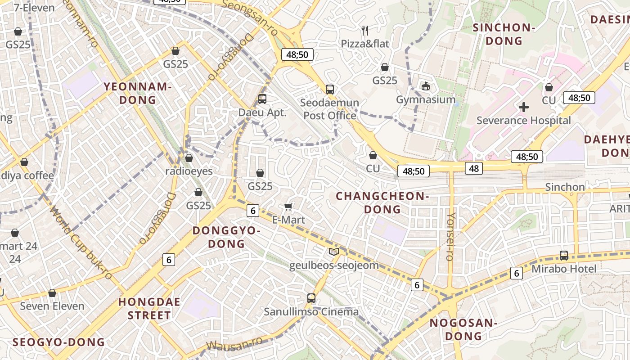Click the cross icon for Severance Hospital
pyautogui.click(x=523, y=107)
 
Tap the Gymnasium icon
pyautogui.click(x=425, y=85)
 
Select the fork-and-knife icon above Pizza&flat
pyautogui.click(x=365, y=31)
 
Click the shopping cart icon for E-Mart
pyautogui.click(x=288, y=207)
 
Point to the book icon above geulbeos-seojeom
pyautogui.click(x=333, y=252)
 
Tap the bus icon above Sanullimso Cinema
pyautogui.click(x=311, y=298)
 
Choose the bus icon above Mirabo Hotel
pyautogui.click(x=564, y=255)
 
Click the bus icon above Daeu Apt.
pyautogui.click(x=262, y=99)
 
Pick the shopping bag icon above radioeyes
pyautogui.click(x=189, y=158)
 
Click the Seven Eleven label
pyautogui.click(x=52, y=306)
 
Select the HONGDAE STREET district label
pyautogui.click(x=149, y=308)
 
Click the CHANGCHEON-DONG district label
pyautogui.click(x=382, y=202)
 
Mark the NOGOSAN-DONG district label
pyautogui.click(x=463, y=329)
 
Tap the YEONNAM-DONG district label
pyautogui.click(x=138, y=93)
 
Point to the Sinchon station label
pyautogui.click(x=565, y=187)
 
